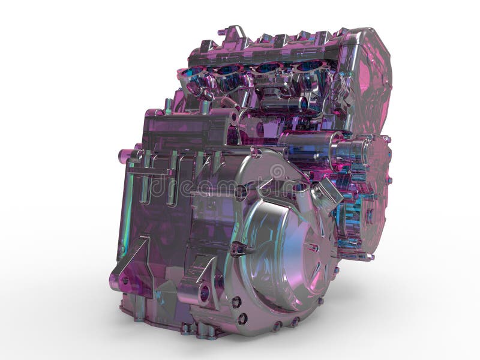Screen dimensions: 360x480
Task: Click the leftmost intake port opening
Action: (194, 73)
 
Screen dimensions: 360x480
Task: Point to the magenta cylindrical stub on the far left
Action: (125, 156)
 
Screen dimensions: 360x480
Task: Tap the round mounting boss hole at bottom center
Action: (205, 293)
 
